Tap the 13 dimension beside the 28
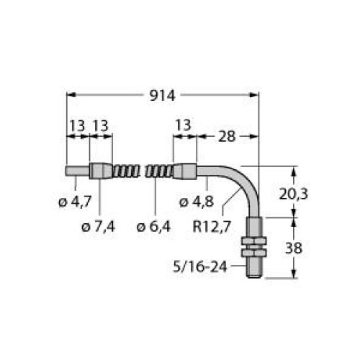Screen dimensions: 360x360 184,125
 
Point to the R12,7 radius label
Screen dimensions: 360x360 212,228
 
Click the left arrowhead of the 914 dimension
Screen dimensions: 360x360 71,94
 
